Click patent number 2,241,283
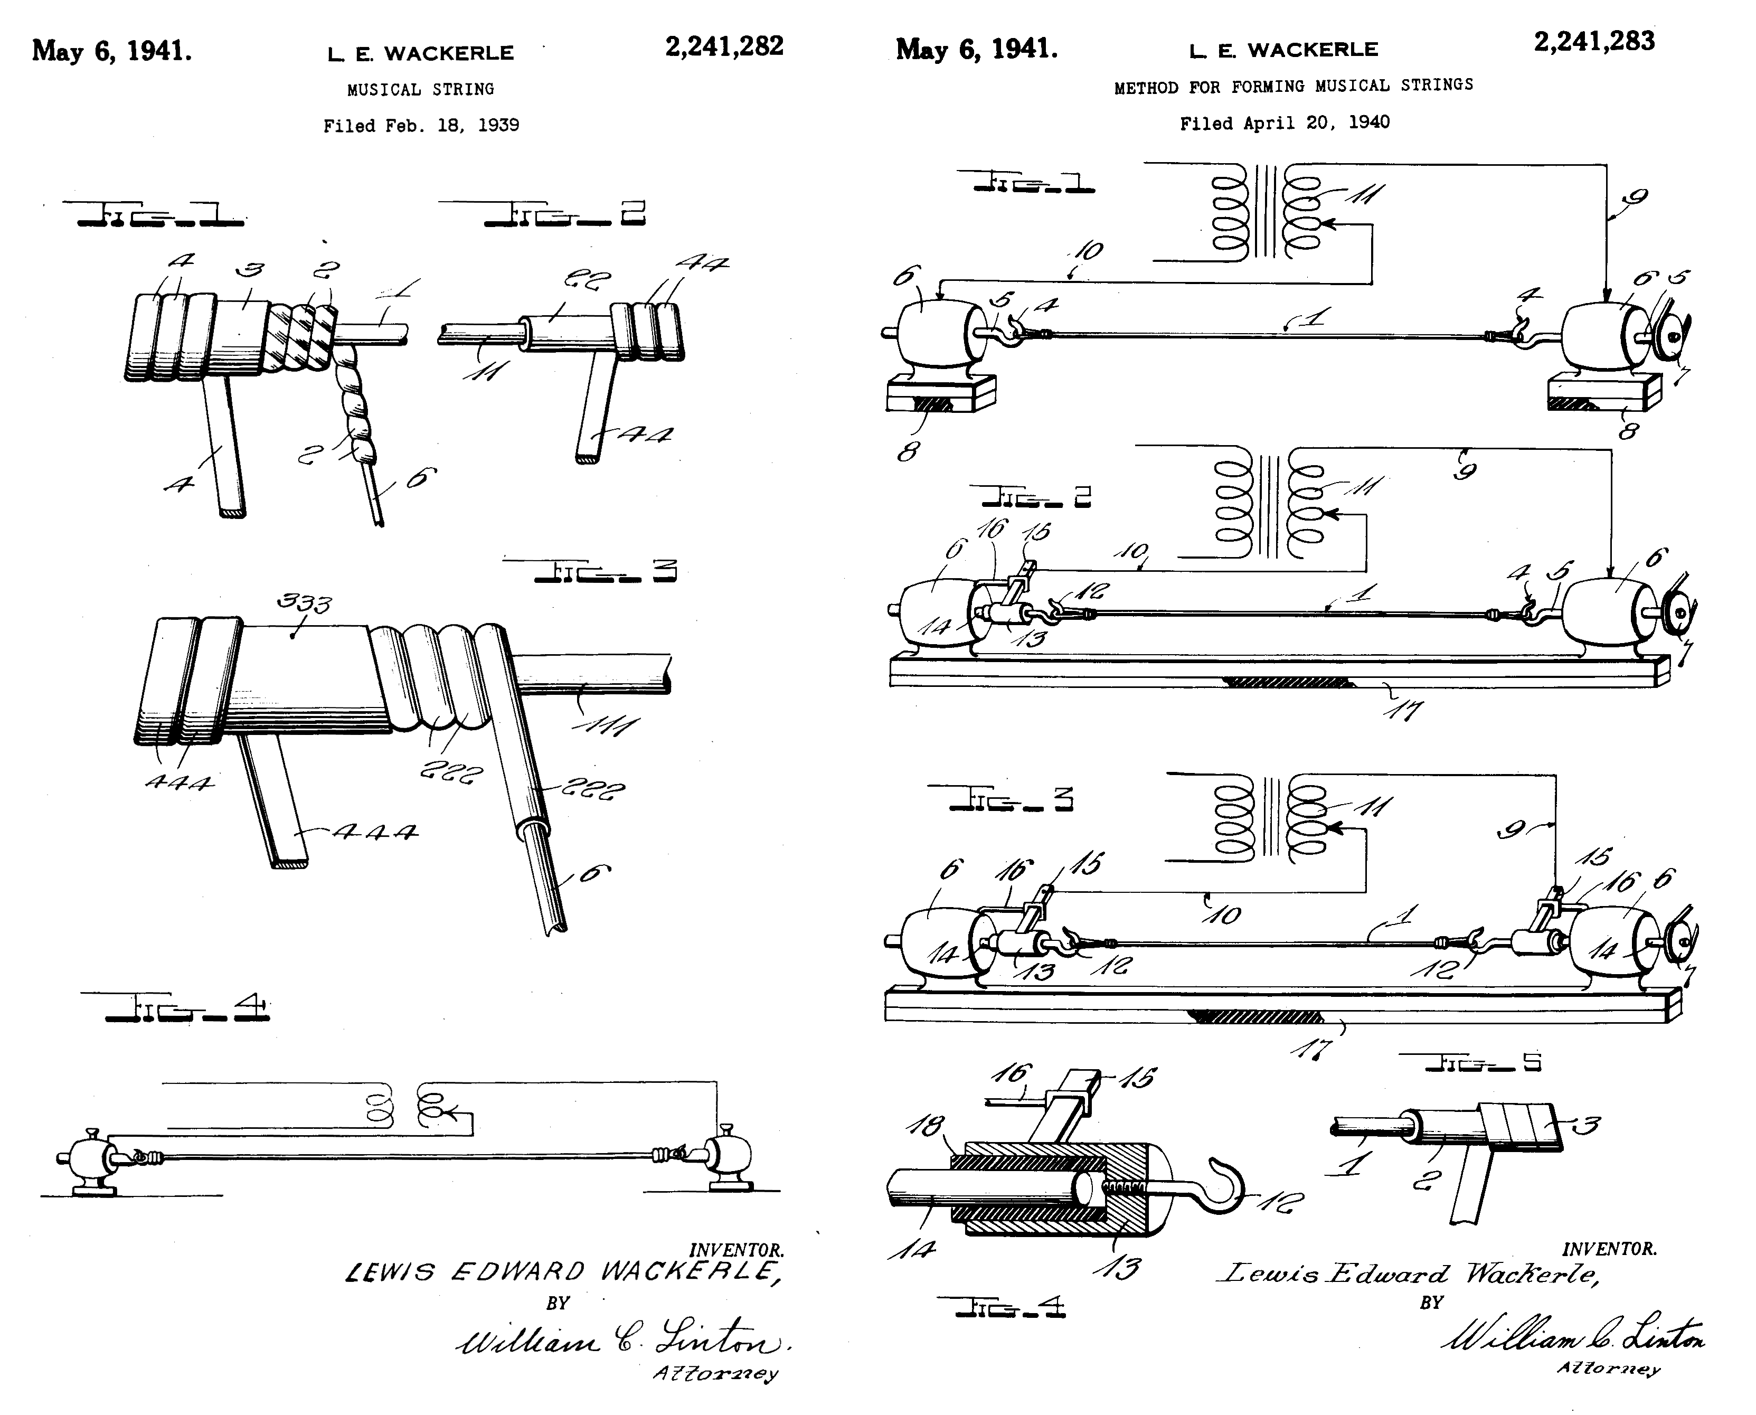tap(1594, 42)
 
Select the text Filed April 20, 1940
tap(1285, 123)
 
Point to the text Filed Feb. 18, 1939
tap(421, 126)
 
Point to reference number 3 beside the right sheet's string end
tap(1585, 1126)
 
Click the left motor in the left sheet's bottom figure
tap(88, 1159)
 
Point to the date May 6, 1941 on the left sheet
tap(111, 51)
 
